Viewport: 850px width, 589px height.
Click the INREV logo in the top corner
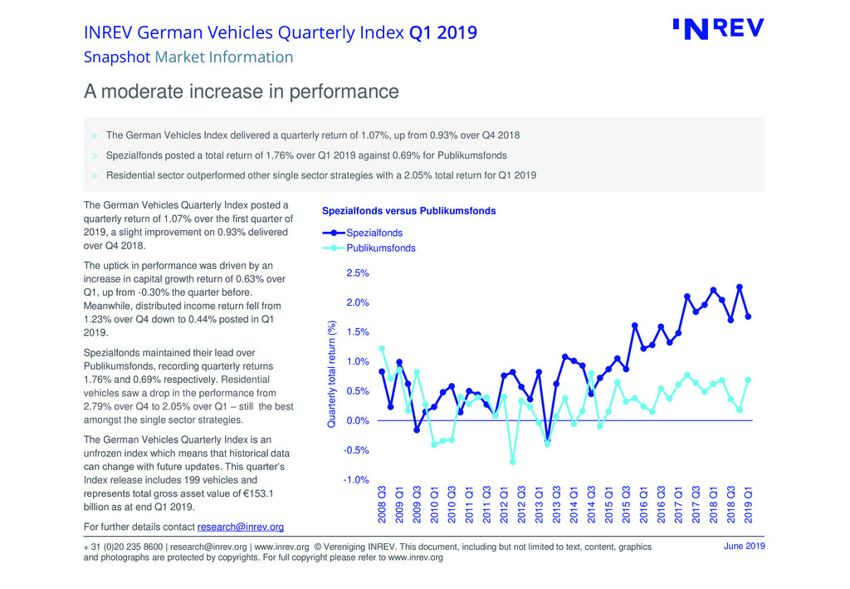718,29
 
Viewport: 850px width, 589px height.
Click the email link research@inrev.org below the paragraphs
241,527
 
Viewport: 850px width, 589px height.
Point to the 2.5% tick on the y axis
358,273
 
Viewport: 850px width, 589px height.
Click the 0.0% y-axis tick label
358,421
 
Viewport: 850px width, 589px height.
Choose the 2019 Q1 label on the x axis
749,503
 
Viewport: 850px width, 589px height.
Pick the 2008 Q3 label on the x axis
382,503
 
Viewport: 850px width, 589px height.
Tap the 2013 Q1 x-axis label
539,503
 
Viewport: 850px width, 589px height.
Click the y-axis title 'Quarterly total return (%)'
331,375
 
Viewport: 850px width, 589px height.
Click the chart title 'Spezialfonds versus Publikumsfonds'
408,211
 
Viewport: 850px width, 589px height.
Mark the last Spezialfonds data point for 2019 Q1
749,317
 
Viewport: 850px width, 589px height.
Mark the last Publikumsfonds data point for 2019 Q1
749,380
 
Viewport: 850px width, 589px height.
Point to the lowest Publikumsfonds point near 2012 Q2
513,462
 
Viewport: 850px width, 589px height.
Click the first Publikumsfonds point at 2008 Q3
382,348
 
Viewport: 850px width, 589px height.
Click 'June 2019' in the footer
744,546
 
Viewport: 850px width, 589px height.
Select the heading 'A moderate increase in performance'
242,91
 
